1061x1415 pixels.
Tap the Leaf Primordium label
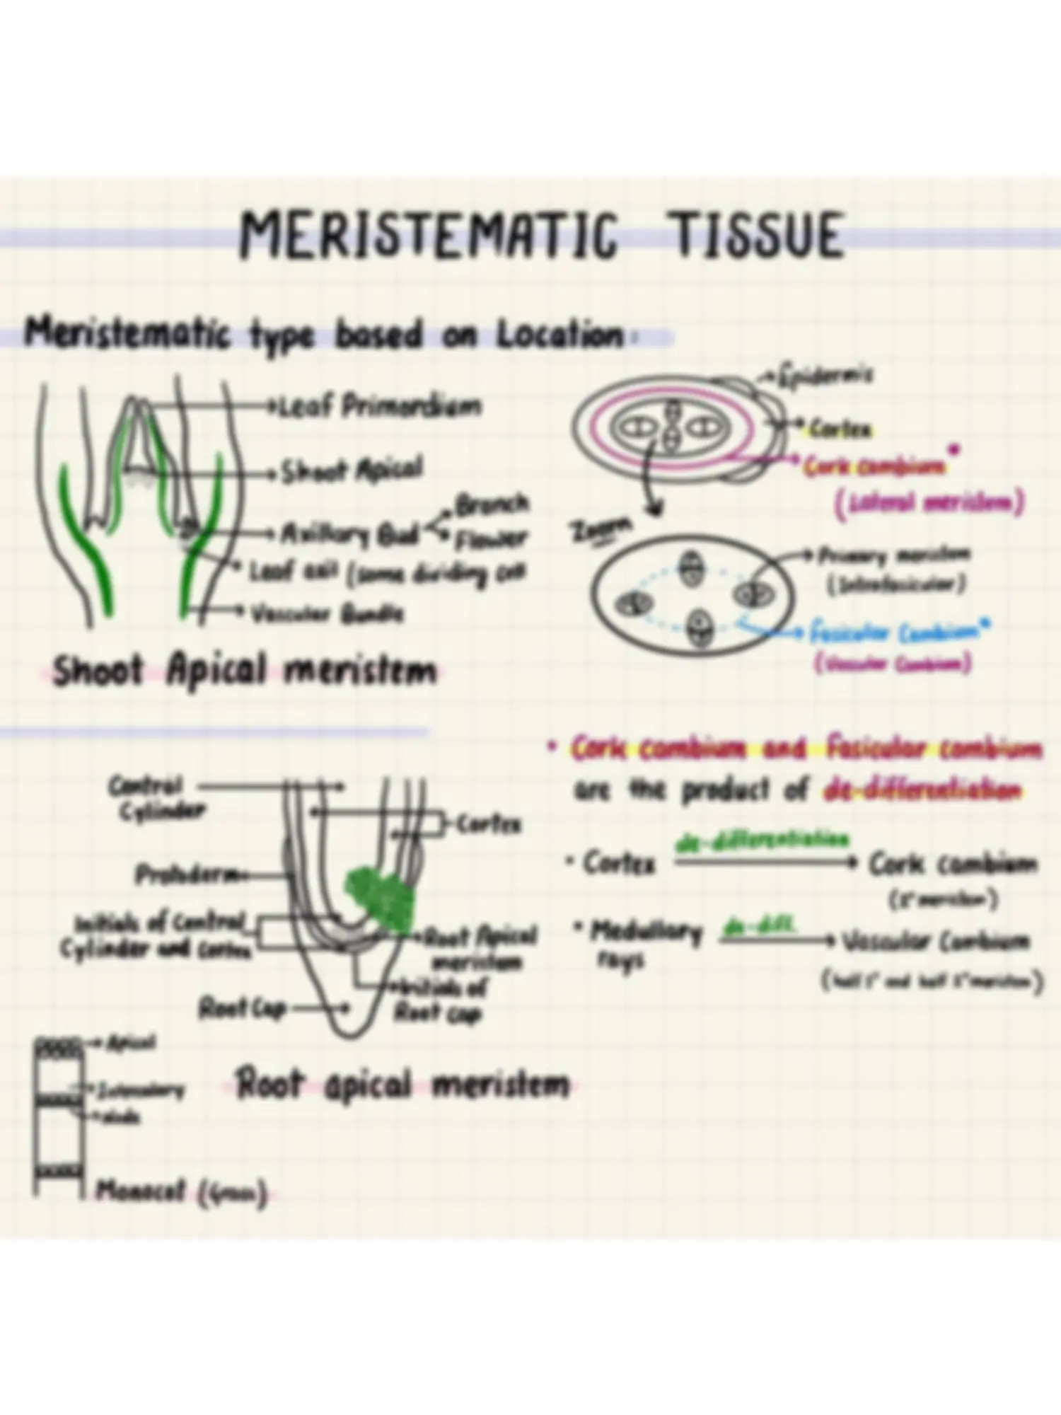pyautogui.click(x=381, y=406)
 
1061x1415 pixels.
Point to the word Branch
pyautogui.click(x=492, y=504)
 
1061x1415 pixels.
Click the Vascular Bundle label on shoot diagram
pyautogui.click(x=327, y=613)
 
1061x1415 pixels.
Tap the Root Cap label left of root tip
pyautogui.click(x=241, y=1007)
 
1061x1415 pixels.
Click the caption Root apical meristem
pyautogui.click(x=402, y=1085)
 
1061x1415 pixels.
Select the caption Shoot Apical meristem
pyautogui.click(x=245, y=671)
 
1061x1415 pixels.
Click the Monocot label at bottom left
pyautogui.click(x=180, y=1191)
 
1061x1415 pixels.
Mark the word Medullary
pyautogui.click(x=644, y=933)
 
